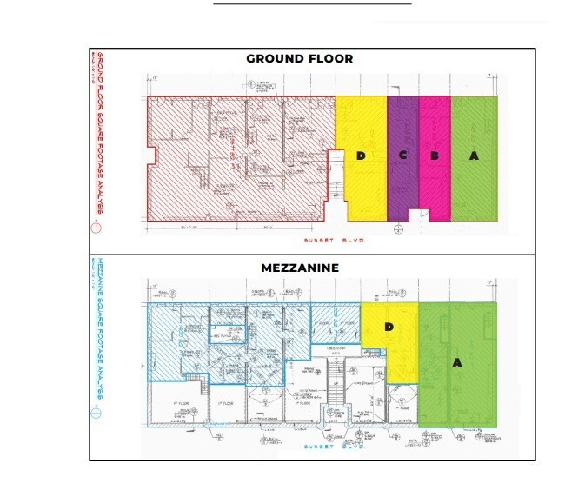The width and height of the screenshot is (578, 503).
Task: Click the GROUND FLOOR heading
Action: click(x=299, y=59)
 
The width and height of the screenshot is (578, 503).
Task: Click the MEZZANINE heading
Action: click(x=299, y=268)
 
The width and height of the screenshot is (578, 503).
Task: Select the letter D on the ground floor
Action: click(x=361, y=156)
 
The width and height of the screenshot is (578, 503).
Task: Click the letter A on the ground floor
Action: click(x=474, y=156)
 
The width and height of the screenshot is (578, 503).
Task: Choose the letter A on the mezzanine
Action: click(x=456, y=362)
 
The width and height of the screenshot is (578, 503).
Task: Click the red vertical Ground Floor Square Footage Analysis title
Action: click(x=99, y=130)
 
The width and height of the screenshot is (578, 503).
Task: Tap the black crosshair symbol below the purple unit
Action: click(x=398, y=229)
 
